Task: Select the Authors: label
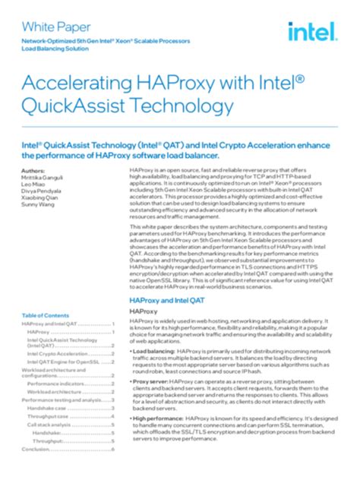click(x=33, y=171)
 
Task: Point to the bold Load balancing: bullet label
click(x=153, y=352)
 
